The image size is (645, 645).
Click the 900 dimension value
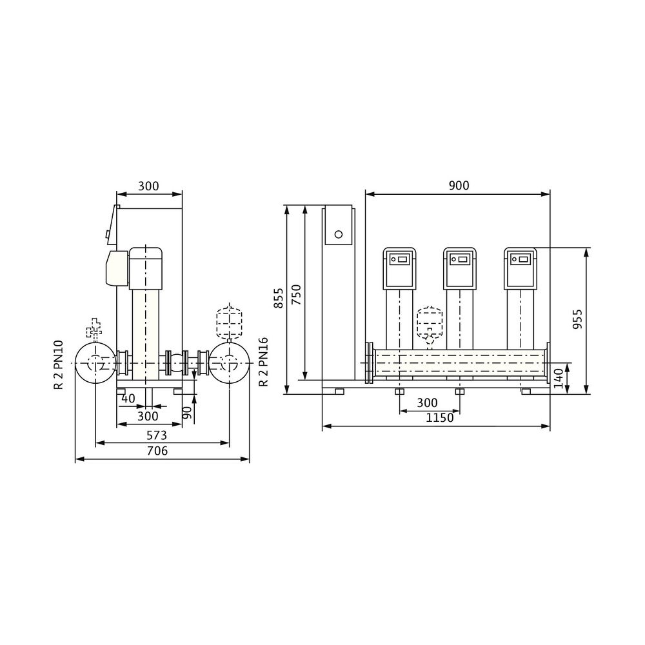[x=459, y=186]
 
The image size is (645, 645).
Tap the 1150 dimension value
[x=439, y=418]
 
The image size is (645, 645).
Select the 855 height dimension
[x=279, y=298]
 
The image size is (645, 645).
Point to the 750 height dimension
[x=296, y=295]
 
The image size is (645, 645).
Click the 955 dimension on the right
[x=577, y=319]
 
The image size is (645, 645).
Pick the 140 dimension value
[x=558, y=379]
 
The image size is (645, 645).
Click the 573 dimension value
[x=156, y=435]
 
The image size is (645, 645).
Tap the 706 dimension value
[x=157, y=451]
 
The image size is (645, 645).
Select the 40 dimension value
[x=128, y=398]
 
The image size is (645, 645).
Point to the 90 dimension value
[x=187, y=413]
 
